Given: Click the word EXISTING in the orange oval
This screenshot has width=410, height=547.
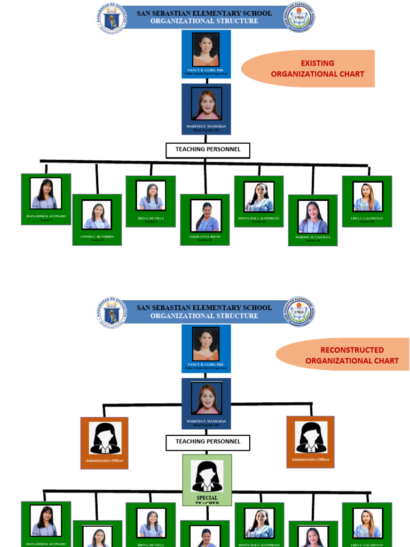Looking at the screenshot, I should [x=317, y=63].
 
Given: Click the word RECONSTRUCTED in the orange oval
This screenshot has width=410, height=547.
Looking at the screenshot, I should [x=352, y=350].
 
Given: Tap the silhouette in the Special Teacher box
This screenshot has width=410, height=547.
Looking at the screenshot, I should [x=207, y=476].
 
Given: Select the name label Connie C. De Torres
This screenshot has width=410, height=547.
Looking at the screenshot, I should [x=97, y=236].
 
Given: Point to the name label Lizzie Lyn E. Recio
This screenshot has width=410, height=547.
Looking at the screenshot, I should [x=205, y=236].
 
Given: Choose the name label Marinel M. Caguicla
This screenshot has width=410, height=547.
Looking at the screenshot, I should [x=313, y=237].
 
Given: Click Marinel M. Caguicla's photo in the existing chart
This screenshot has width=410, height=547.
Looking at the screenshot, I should [x=313, y=217].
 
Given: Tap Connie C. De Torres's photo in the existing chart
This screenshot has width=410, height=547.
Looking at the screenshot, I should [x=97, y=215].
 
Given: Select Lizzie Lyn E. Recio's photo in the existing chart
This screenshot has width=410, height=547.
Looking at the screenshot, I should [x=206, y=216].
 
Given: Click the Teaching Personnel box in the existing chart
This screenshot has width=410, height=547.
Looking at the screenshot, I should [x=208, y=150].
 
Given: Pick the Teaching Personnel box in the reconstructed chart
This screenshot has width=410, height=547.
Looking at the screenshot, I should [x=208, y=442].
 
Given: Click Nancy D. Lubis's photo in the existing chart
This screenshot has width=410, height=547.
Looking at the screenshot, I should [x=206, y=49].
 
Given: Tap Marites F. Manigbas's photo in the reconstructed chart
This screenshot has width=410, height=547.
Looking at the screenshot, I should [x=206, y=398].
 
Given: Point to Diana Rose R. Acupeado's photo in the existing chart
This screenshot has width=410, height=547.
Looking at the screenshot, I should [x=46, y=194].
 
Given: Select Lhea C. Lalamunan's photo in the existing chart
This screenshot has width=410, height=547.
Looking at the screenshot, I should [x=367, y=197].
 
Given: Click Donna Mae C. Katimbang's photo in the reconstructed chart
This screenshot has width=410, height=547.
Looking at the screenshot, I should [x=259, y=523].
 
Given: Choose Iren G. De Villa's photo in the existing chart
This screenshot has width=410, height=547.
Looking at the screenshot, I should [x=151, y=196].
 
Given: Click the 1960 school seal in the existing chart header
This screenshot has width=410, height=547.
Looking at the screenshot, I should [x=299, y=18].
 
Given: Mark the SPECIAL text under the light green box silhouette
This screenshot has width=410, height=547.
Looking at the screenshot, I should [x=207, y=497].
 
